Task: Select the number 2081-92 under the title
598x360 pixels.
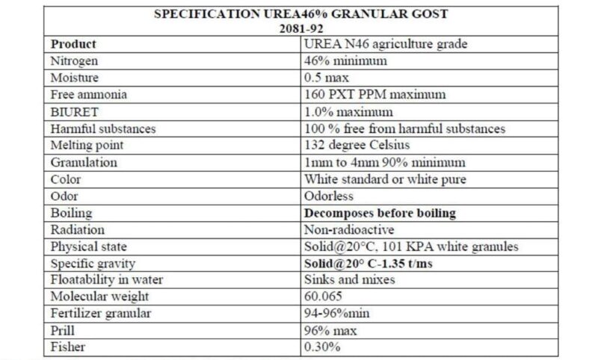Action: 298,29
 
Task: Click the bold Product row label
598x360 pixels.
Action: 73,44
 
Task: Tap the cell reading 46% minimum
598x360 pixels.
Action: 345,61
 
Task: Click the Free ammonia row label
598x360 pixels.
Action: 88,95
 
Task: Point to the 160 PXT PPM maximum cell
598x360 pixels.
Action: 374,95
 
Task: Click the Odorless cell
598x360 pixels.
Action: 330,196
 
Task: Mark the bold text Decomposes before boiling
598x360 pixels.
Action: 380,214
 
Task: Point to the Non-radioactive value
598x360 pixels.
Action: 349,230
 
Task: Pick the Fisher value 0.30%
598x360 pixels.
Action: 322,348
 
